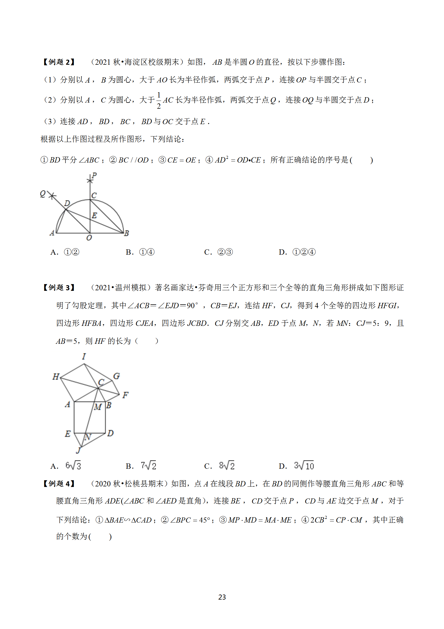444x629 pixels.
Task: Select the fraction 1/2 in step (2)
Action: click(x=159, y=100)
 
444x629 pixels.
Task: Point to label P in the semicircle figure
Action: click(x=94, y=175)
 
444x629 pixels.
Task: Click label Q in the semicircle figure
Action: click(x=43, y=194)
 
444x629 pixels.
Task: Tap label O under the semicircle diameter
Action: click(x=89, y=238)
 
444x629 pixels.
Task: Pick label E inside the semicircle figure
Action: click(x=94, y=215)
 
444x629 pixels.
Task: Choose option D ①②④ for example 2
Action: click(x=304, y=252)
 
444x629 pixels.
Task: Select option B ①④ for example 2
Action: click(x=147, y=252)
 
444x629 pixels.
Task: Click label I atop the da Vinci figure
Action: click(x=84, y=356)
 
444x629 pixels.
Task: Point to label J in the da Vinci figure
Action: click(x=78, y=450)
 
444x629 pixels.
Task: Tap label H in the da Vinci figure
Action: click(x=56, y=377)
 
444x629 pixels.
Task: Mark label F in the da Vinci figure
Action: click(x=125, y=395)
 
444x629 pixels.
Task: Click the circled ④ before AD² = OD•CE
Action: click(x=209, y=160)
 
